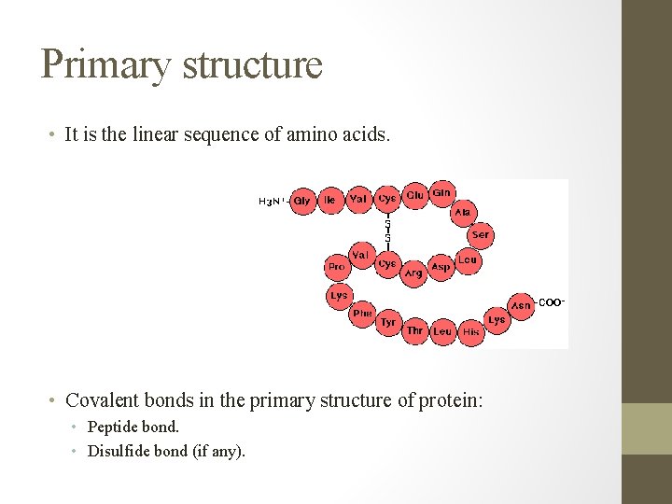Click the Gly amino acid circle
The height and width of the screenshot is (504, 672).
point(301,201)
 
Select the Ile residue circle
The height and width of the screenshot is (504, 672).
point(329,200)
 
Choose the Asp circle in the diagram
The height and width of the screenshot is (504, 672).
point(441,267)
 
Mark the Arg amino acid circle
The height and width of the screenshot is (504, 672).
point(413,273)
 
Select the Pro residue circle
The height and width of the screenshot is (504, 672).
point(336,267)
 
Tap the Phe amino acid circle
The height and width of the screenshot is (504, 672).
point(362,314)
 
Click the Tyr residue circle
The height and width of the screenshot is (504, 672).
point(388,323)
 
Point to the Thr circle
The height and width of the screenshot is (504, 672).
point(415,330)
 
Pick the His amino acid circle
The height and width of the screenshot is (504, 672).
point(471,331)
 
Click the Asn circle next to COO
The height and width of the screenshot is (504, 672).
point(521,305)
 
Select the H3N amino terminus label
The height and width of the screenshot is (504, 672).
point(271,201)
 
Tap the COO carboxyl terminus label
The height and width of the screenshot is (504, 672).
point(552,302)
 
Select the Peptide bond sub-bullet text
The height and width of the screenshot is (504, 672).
point(133,427)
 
